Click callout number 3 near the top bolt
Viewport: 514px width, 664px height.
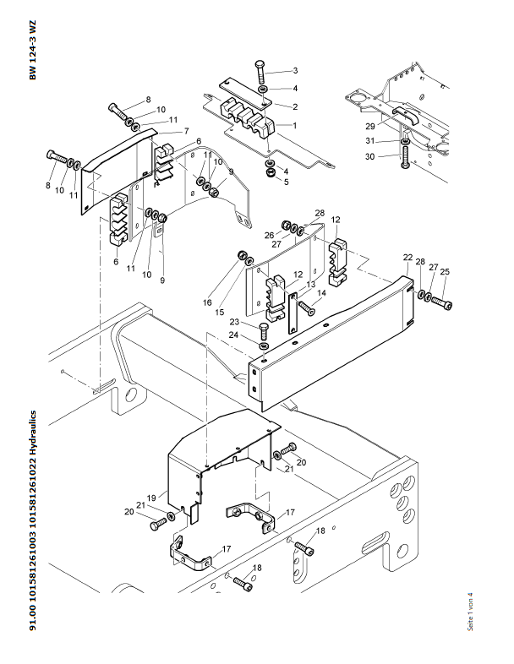tap(294, 71)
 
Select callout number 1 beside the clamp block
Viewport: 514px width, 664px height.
tap(294, 125)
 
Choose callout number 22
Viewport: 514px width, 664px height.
tap(407, 257)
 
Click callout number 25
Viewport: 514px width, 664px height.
tap(445, 271)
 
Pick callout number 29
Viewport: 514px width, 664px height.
tap(369, 126)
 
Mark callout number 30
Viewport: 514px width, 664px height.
tap(369, 156)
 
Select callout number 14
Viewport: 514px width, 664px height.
tap(320, 293)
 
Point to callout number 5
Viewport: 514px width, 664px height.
tap(285, 181)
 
